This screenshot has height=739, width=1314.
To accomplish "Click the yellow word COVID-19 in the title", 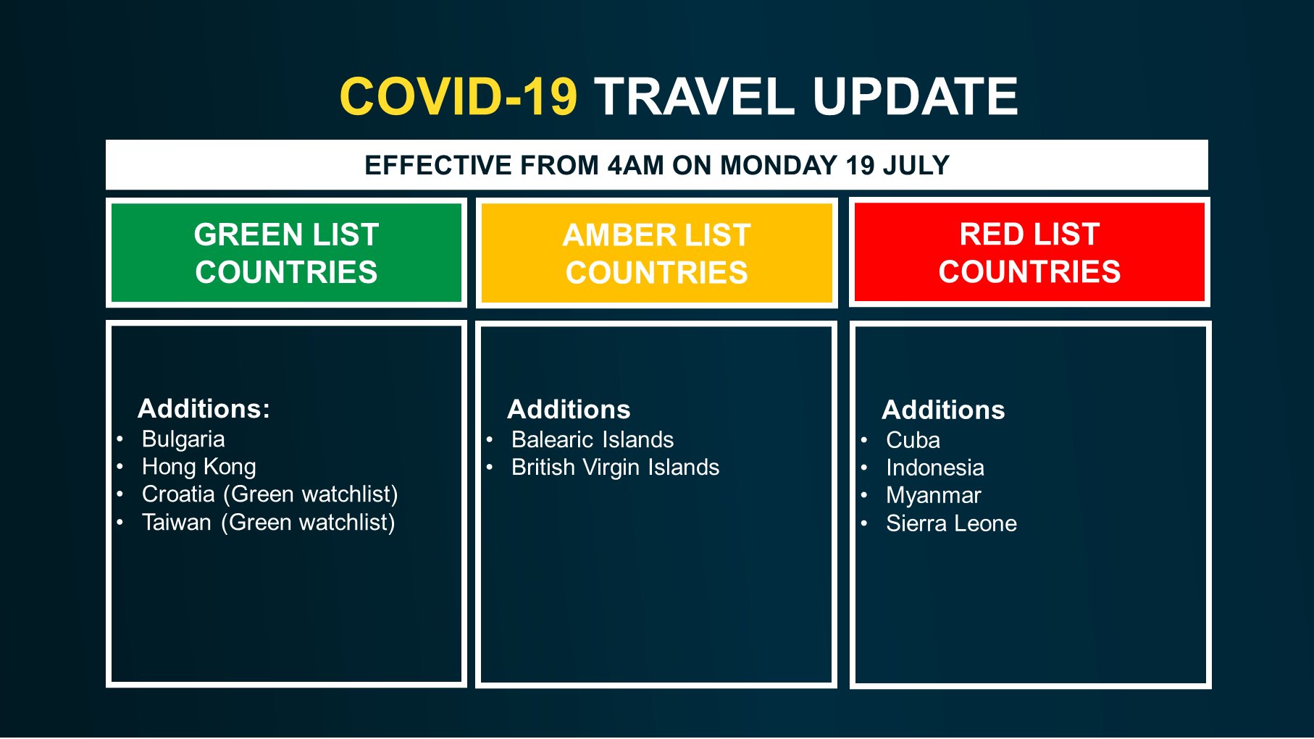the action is point(458,96).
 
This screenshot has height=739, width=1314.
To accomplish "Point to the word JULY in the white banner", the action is point(916,165).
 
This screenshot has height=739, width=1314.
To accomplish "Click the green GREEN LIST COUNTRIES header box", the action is point(286,253).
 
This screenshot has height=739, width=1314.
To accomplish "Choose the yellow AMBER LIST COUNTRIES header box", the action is point(656,253).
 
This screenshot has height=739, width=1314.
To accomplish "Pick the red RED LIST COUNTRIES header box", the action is point(1029,252).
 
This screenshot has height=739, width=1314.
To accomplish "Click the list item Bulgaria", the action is point(183,439).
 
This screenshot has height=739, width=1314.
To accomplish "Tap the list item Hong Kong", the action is point(199,467).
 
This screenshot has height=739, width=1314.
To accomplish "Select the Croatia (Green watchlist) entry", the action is point(270,494).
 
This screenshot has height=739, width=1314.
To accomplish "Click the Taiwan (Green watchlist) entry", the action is point(269,522).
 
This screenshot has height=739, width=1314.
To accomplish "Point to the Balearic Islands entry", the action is point(593,439).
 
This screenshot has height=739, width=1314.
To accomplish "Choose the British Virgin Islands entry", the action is point(616,467).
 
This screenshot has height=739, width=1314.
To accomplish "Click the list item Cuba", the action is point(913,440).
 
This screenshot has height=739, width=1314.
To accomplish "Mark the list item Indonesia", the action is point(935,468).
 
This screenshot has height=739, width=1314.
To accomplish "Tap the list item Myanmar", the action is point(933,495).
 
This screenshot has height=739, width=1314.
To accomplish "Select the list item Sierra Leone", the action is point(951,523).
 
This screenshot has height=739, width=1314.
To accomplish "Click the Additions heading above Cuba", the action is point(943,410).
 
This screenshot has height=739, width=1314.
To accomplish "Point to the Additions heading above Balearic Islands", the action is point(569,409).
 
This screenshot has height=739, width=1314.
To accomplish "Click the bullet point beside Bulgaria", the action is point(120,439).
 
